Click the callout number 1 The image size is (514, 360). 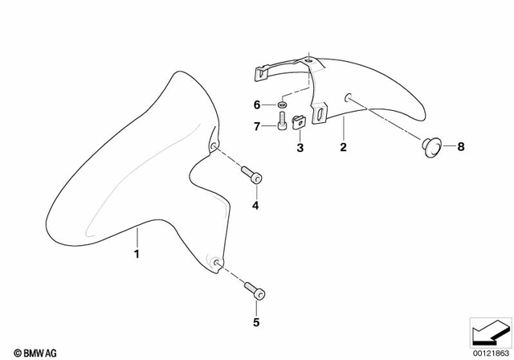tap(137, 256)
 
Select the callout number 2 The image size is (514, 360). tap(343, 148)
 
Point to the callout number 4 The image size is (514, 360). tap(256, 205)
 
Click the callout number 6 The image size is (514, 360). tap(257, 105)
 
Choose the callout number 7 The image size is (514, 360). tap(257, 126)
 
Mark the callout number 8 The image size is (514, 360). tap(461, 147)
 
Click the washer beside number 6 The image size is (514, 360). tap(283, 105)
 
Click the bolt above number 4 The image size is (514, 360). tap(251, 177)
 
